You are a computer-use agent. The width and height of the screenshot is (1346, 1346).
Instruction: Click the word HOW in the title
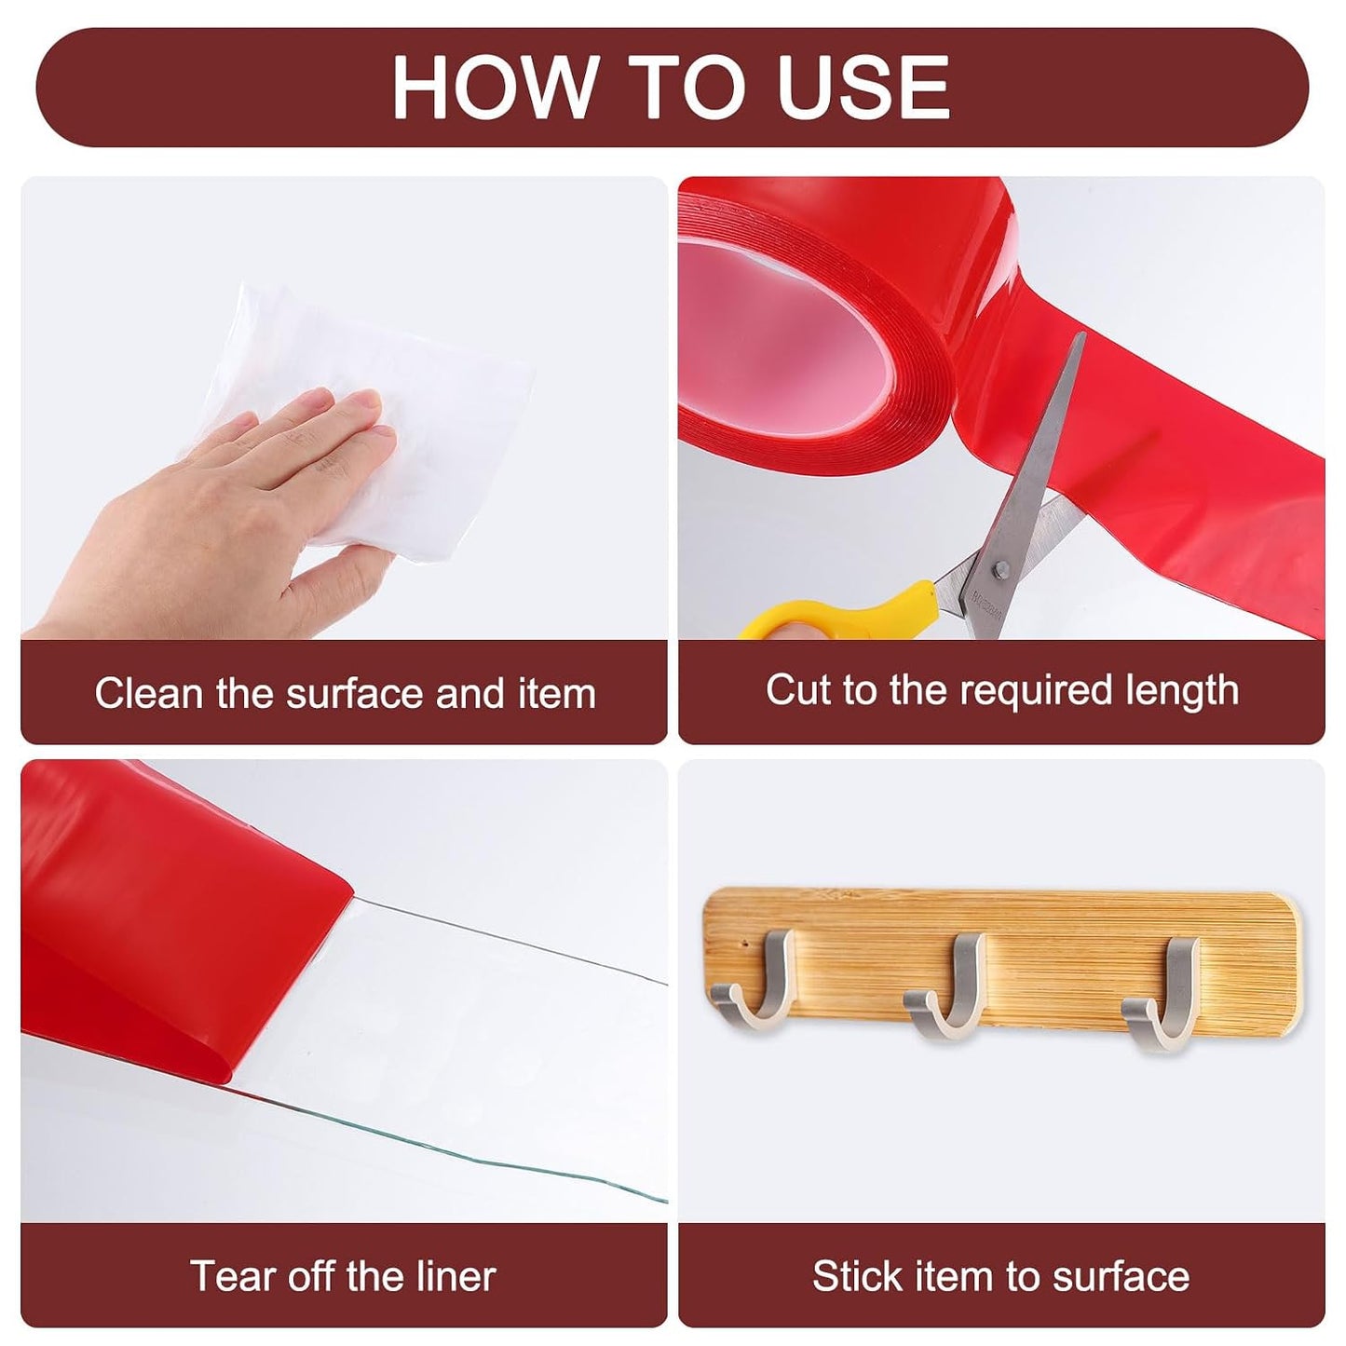point(494,87)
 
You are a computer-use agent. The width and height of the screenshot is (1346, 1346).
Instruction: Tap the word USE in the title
point(864,87)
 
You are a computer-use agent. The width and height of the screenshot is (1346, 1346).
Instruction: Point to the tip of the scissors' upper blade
point(1083,333)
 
